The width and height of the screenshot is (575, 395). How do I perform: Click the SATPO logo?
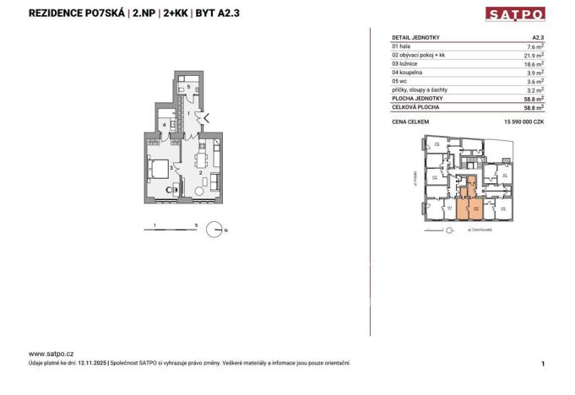[515, 14]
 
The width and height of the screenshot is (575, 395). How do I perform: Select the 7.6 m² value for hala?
[534, 46]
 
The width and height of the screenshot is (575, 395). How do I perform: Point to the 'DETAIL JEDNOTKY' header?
[416, 38]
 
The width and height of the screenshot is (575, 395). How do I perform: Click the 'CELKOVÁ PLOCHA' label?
[415, 107]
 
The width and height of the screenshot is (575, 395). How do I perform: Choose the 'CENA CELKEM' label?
[411, 122]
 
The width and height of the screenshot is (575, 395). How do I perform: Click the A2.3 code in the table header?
[536, 38]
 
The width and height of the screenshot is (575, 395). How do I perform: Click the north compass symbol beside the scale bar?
[217, 228]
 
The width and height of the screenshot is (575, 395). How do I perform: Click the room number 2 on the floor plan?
[199, 172]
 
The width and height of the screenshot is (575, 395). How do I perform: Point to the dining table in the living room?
[202, 156]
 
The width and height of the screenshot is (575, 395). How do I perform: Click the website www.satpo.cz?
[52, 354]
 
